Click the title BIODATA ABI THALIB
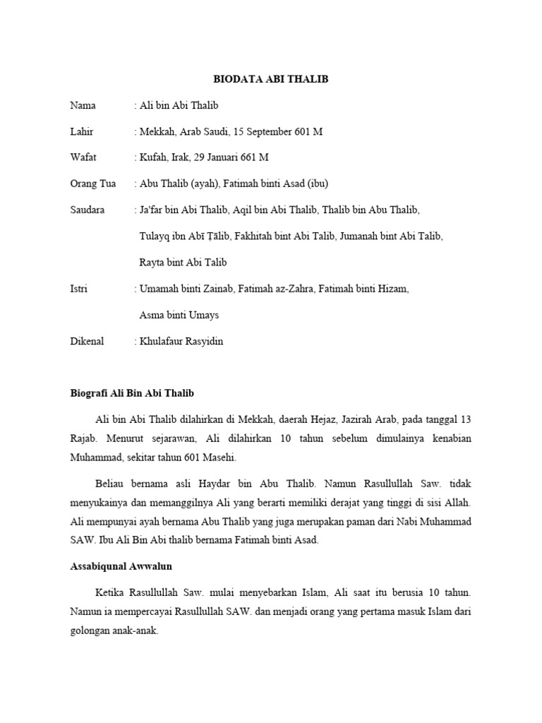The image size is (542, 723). point(271,80)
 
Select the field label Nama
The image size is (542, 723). point(83,106)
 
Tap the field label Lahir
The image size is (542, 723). point(82,132)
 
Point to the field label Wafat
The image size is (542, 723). point(83,158)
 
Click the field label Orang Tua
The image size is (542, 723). point(92,184)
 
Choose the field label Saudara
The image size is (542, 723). point(88,210)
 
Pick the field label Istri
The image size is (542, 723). point(78,289)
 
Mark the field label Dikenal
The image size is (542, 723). point(87,341)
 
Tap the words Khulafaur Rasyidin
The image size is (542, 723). point(181,341)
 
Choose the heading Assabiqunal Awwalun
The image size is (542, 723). point(121,566)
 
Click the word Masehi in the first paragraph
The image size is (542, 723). point(219,457)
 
